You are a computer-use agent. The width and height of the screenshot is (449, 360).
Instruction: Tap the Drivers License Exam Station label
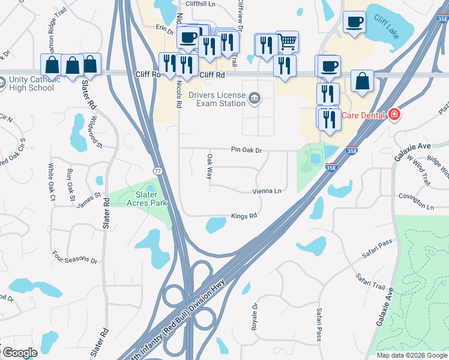tap(217, 98)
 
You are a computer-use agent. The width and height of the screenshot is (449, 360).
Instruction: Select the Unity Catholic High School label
tap(31, 84)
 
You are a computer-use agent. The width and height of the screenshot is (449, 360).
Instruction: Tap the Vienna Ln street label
tap(267, 191)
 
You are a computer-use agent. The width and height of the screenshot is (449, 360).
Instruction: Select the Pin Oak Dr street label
tap(247, 150)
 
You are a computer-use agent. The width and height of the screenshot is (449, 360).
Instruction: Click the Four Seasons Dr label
tap(74, 257)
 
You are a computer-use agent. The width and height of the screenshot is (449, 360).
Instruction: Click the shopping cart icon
tap(288, 41)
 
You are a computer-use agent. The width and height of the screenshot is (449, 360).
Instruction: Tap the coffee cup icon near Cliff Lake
tap(354, 22)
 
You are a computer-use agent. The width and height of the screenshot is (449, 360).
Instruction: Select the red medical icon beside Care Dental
tap(394, 114)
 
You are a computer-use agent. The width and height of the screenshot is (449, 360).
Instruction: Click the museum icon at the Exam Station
tap(255, 98)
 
